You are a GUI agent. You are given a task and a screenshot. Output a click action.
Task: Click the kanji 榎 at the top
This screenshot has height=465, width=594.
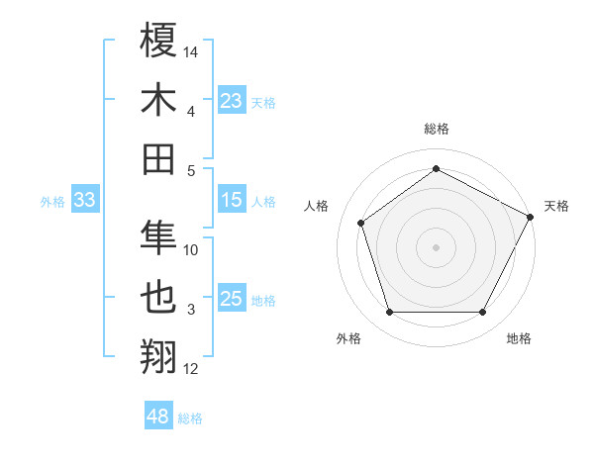[158, 42]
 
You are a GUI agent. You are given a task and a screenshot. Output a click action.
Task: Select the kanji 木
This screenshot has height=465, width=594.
[158, 100]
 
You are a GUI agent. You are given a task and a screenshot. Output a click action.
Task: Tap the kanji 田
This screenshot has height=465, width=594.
[158, 158]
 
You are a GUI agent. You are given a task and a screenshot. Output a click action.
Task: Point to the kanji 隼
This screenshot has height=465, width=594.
[158, 238]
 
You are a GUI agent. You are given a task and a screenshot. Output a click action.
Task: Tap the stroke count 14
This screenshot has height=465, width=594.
[191, 51]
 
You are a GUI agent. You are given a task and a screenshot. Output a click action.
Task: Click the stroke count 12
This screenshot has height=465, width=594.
[191, 369]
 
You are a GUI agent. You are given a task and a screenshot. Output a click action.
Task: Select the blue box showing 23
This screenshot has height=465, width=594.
[232, 101]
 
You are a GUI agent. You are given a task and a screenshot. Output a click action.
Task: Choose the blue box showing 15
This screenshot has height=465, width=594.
[232, 201]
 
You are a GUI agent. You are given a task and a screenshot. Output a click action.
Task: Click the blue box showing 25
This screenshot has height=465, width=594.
[232, 300]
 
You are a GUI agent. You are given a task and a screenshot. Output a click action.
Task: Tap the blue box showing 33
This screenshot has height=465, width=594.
[85, 201]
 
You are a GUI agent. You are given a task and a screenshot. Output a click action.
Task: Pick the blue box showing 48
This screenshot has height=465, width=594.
[158, 418]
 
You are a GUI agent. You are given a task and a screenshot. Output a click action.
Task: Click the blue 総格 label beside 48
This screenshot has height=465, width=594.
[190, 418]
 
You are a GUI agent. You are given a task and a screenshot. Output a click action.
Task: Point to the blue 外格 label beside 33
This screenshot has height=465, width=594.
[52, 202]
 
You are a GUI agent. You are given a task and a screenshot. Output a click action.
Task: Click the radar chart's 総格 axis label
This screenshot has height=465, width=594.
[436, 129]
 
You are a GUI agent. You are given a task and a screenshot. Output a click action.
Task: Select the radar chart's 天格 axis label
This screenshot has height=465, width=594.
[556, 206]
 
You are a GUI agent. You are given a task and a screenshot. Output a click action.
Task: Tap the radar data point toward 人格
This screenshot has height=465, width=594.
[361, 223]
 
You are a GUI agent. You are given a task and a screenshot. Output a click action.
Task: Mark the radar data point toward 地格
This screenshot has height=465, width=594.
[482, 313]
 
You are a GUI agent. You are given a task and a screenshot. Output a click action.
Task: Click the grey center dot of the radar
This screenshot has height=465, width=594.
[436, 246]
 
